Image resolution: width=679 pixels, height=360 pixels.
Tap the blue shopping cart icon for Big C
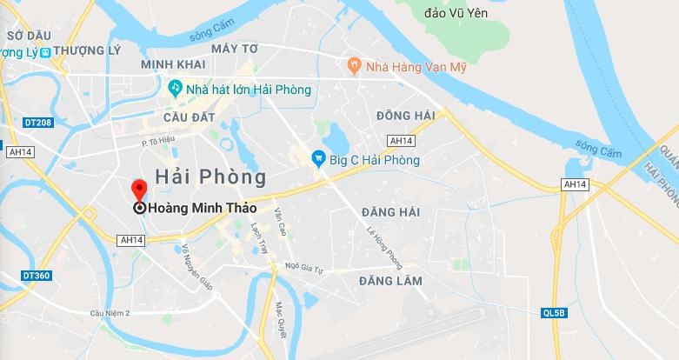tap(319, 159)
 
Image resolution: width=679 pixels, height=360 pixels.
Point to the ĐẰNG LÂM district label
tap(389, 281)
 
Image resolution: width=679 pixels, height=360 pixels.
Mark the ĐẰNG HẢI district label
tap(389, 212)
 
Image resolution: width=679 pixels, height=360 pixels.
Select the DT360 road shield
tap(37, 275)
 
